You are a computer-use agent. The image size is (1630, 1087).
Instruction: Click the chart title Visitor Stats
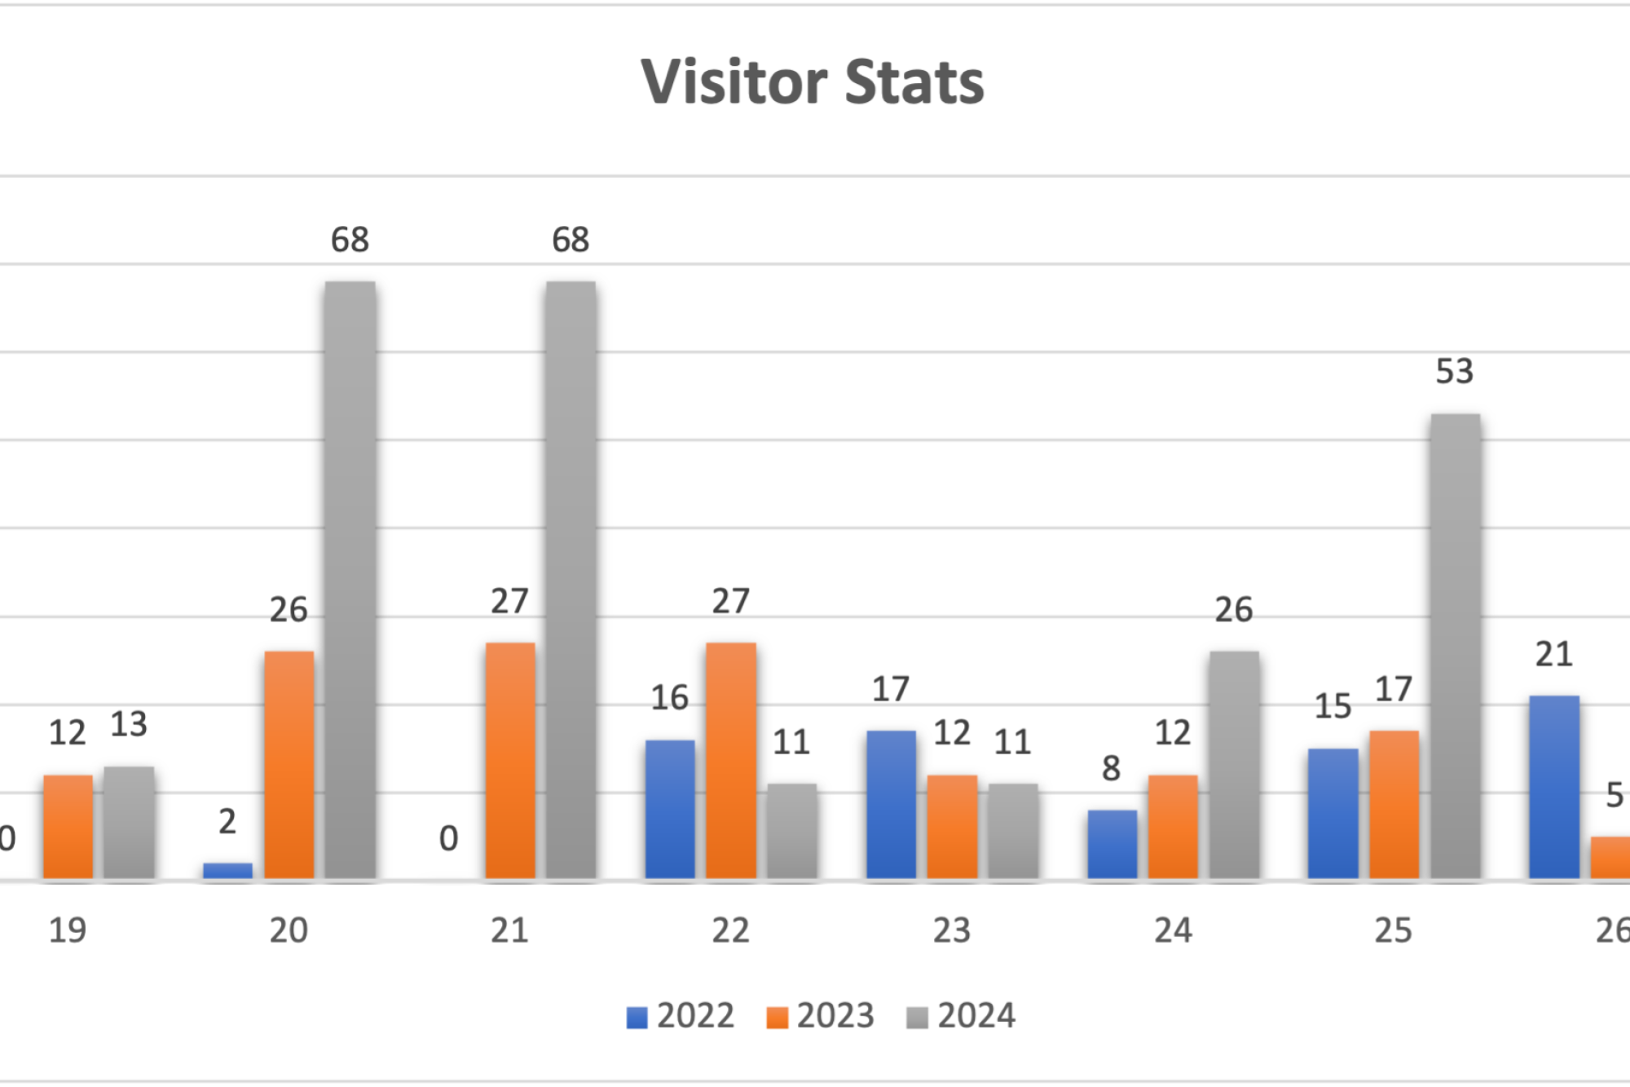click(x=813, y=82)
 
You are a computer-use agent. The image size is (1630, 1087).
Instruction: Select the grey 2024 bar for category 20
click(x=350, y=579)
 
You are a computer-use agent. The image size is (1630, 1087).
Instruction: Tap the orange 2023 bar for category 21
click(x=510, y=760)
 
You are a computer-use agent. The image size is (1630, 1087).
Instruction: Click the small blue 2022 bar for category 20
click(x=227, y=870)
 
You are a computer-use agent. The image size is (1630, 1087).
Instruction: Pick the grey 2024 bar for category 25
click(x=1455, y=646)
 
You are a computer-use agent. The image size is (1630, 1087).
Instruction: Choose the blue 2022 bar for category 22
click(x=670, y=809)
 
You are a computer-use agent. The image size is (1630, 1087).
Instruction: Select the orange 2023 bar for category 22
click(x=731, y=760)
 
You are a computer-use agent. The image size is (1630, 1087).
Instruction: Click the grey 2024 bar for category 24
click(x=1234, y=764)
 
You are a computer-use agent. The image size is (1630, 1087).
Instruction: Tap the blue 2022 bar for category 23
click(x=891, y=804)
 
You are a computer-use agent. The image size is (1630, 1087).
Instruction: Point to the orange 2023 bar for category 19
click(x=68, y=826)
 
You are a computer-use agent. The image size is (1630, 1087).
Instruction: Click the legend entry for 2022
click(x=681, y=1016)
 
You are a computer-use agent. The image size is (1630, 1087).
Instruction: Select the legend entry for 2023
click(x=821, y=1016)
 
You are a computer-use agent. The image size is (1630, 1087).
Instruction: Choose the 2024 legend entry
click(x=962, y=1016)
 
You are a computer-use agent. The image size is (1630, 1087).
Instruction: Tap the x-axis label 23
click(x=952, y=930)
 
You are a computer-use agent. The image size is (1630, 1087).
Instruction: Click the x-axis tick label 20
click(x=289, y=930)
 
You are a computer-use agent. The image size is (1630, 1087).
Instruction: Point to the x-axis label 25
click(x=1394, y=930)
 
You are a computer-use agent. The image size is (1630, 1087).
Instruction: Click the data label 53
click(x=1455, y=372)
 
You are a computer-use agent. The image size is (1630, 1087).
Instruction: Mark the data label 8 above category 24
click(x=1112, y=768)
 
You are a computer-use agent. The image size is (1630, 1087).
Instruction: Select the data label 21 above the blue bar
click(x=1554, y=654)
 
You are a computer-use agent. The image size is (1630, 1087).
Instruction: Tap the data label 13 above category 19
click(x=129, y=724)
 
